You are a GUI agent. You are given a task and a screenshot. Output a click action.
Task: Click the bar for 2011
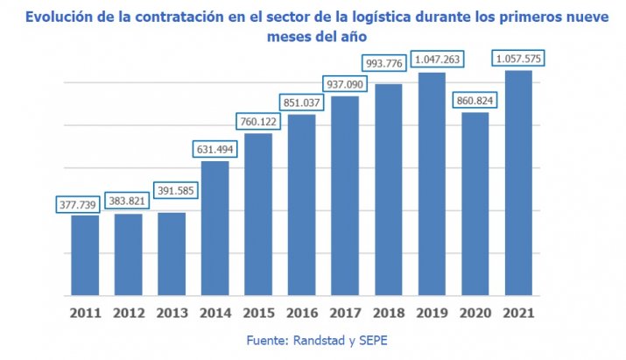pyautogui.click(x=85, y=254)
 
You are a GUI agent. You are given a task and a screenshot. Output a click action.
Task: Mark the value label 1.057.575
pyautogui.click(x=519, y=59)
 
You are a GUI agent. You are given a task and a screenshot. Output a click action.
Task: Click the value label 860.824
pyautogui.click(x=475, y=101)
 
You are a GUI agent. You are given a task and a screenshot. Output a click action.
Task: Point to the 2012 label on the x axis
pyautogui.click(x=128, y=311)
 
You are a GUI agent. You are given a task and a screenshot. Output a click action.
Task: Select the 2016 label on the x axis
pyautogui.click(x=301, y=311)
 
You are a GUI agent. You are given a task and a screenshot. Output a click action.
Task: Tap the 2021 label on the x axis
pyautogui.click(x=518, y=311)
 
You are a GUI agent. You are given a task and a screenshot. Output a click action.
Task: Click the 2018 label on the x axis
pyautogui.click(x=388, y=311)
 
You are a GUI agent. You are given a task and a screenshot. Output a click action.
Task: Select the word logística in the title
pyautogui.click(x=380, y=17)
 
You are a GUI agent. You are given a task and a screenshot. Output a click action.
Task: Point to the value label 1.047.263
pyautogui.click(x=432, y=59)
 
